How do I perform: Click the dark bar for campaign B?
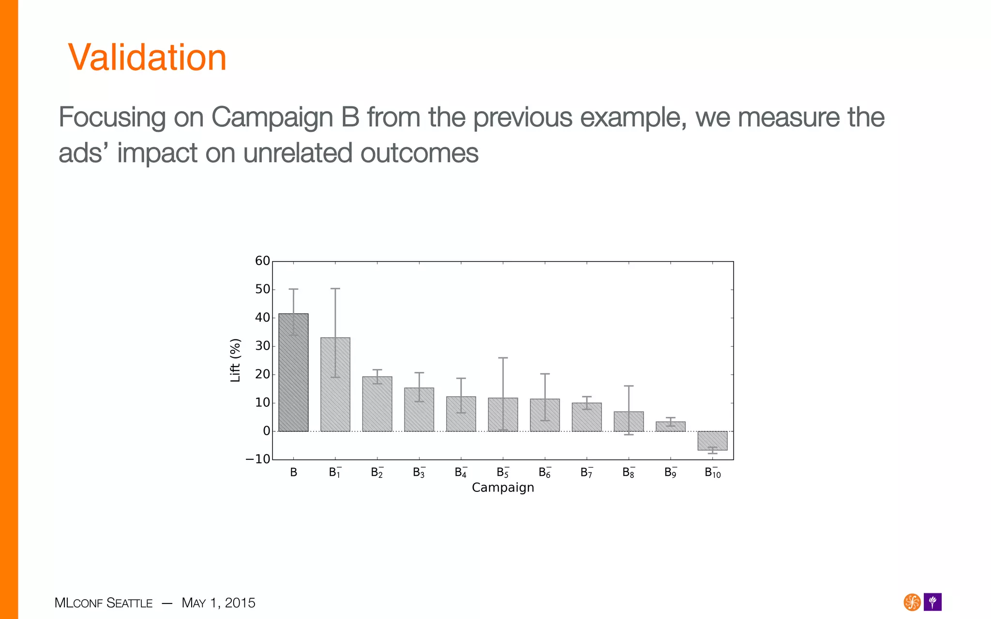tap(293, 372)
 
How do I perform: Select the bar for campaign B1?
tap(335, 384)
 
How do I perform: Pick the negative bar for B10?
tap(712, 441)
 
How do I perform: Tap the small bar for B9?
tap(671, 427)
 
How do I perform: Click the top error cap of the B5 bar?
tap(503, 358)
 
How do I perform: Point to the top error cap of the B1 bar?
tap(335, 289)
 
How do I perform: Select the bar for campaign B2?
tap(377, 404)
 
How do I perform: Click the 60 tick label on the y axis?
tap(262, 261)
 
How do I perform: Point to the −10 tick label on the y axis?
tap(258, 459)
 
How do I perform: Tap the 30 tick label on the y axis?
tap(262, 346)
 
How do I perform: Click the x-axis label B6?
tap(544, 472)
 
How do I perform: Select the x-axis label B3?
tap(419, 472)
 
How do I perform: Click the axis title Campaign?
tap(503, 487)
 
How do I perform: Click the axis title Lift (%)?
tap(235, 360)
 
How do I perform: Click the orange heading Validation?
tap(147, 57)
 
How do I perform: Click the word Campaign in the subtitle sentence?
tap(272, 118)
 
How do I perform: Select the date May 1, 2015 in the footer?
tap(218, 603)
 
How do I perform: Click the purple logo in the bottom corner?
tap(932, 602)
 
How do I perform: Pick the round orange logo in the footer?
tap(912, 602)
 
